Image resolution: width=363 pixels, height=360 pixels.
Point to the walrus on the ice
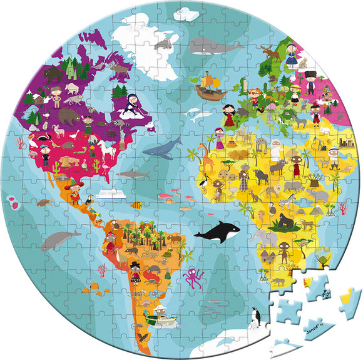164,43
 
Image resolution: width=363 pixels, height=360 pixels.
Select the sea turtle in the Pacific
44,203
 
